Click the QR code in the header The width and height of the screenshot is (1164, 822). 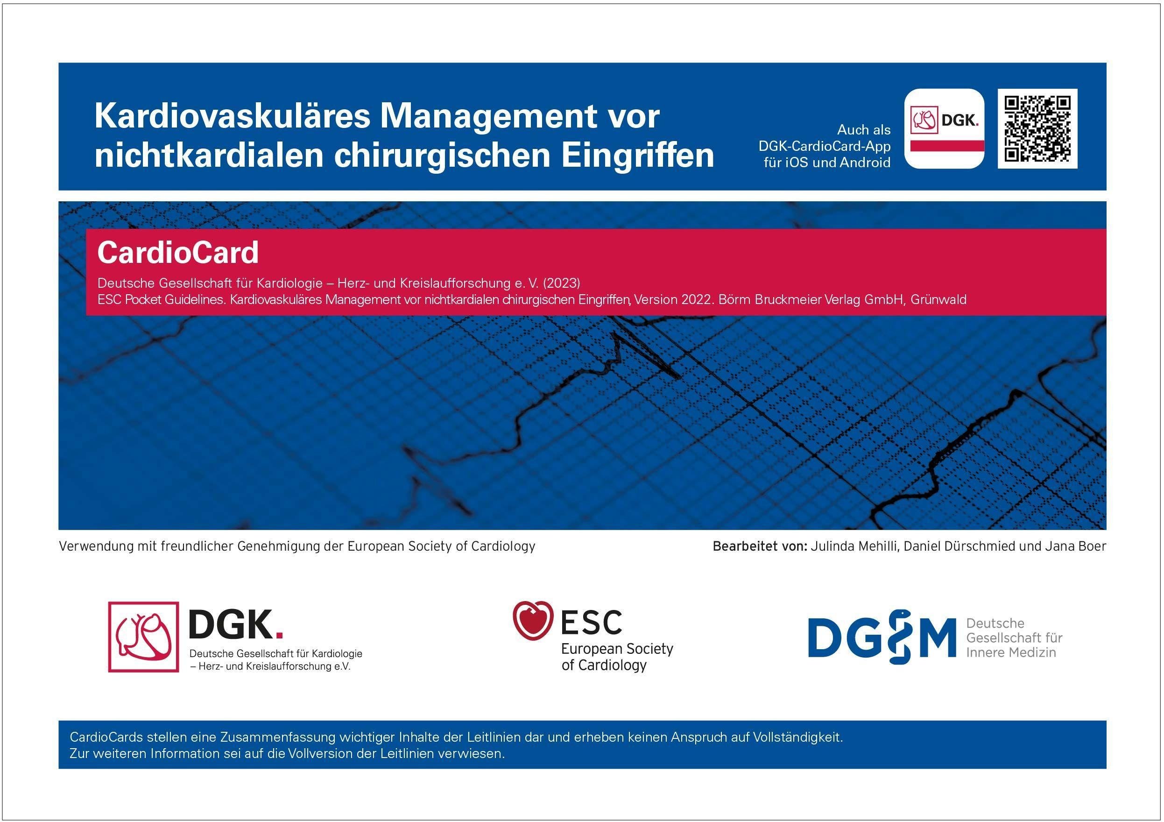[1037, 128]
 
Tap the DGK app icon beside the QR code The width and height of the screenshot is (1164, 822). [944, 128]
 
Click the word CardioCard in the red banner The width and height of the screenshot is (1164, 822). [178, 253]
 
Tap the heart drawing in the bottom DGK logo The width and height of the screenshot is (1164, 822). [143, 637]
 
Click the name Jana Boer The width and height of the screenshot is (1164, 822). [1076, 546]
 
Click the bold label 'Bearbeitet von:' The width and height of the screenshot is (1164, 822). [760, 546]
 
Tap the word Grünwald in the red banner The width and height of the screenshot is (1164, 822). [938, 300]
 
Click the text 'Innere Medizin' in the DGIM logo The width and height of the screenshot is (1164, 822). [1011, 652]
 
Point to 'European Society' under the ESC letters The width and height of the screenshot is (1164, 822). [617, 649]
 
